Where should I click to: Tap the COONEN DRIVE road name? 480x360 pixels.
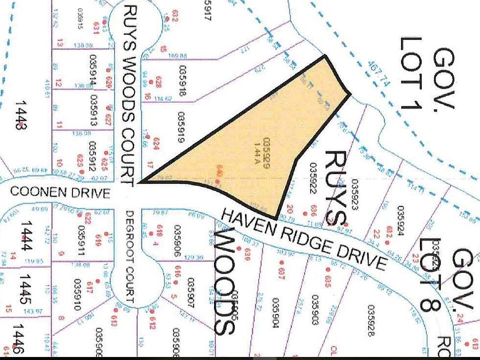point(59,192)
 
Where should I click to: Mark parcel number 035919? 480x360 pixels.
point(180,127)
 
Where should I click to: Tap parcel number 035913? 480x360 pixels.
point(92,105)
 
